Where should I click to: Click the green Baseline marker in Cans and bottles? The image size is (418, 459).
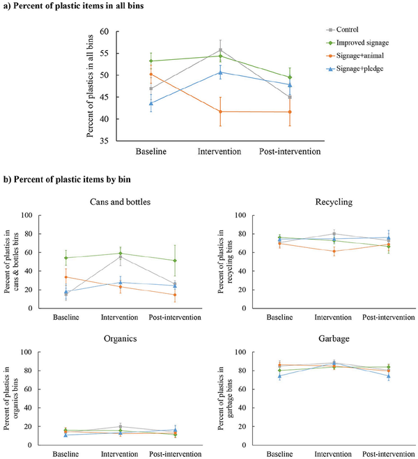pyautogui.click(x=66, y=258)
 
